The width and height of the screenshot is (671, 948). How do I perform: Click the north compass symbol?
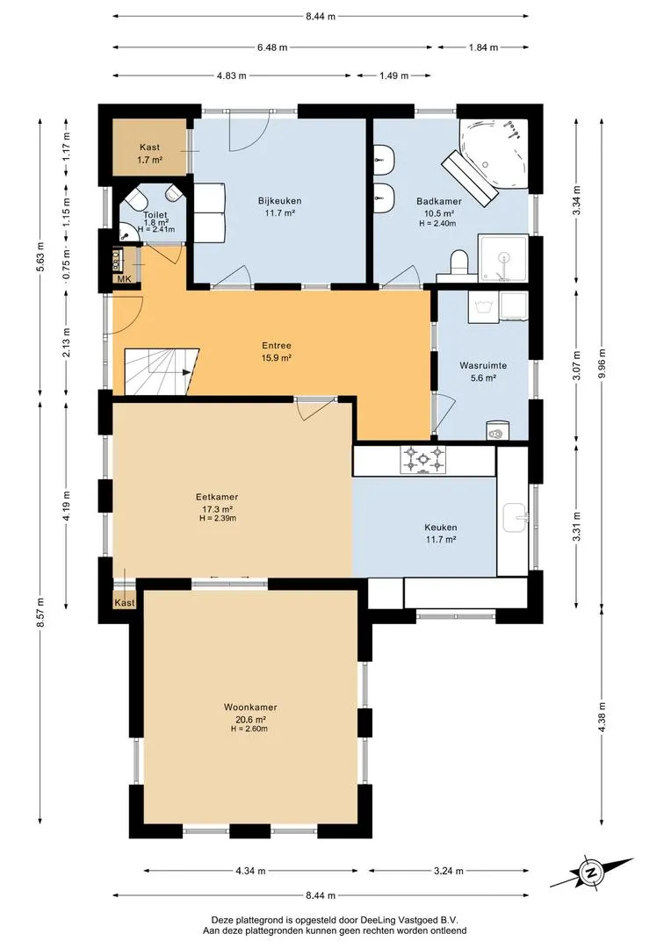(x=590, y=873)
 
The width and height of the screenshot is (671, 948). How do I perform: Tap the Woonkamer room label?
(x=250, y=707)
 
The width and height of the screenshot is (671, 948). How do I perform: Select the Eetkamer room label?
(x=217, y=497)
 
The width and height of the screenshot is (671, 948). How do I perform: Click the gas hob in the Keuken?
(x=423, y=460)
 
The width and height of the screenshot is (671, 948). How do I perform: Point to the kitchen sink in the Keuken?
(x=514, y=518)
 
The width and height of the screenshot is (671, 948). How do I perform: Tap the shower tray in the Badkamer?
(x=503, y=259)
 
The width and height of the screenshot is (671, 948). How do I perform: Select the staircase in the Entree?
(x=162, y=371)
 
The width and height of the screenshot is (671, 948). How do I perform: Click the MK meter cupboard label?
(x=124, y=279)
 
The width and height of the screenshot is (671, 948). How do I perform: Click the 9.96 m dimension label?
(x=602, y=363)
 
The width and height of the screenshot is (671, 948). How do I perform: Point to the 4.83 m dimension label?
(x=232, y=75)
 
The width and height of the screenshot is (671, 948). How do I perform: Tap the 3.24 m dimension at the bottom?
(x=449, y=871)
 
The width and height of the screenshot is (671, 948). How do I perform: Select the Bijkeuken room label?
(x=279, y=201)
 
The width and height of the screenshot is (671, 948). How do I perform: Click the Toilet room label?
(x=155, y=215)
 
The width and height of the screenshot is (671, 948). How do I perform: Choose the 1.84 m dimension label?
(x=483, y=47)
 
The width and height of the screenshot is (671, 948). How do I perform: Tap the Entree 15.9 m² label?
(x=277, y=352)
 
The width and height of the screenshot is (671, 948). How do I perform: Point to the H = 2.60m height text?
(x=249, y=729)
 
